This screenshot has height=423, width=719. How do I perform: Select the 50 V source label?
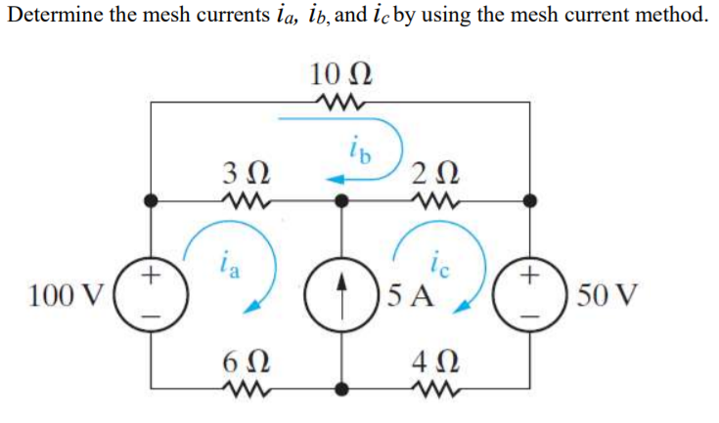[607, 293]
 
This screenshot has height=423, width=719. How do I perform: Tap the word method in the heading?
[667, 17]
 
